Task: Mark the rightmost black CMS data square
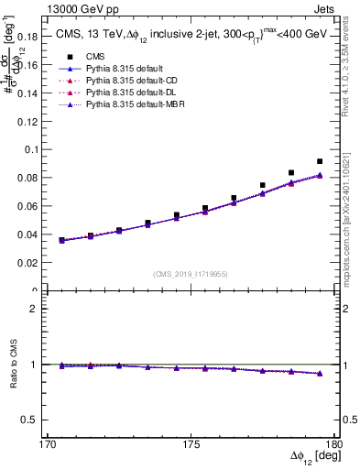(x=320, y=161)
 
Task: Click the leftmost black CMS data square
(x=61, y=240)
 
